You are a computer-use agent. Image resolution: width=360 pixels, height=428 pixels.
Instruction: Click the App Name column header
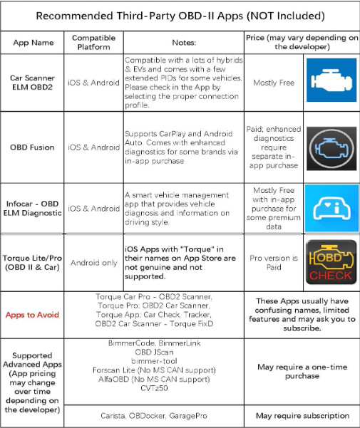[34, 42]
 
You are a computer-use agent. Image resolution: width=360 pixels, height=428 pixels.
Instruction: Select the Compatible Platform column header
[94, 42]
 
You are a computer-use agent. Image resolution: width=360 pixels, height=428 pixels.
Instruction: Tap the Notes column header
[183, 42]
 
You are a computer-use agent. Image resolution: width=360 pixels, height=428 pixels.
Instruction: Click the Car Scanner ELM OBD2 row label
[34, 83]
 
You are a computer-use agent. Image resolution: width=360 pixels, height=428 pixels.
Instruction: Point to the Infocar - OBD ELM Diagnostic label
[34, 208]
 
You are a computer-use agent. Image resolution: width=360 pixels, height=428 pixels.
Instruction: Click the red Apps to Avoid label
[34, 313]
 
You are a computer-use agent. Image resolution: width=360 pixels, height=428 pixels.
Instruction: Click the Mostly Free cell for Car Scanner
[274, 83]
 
